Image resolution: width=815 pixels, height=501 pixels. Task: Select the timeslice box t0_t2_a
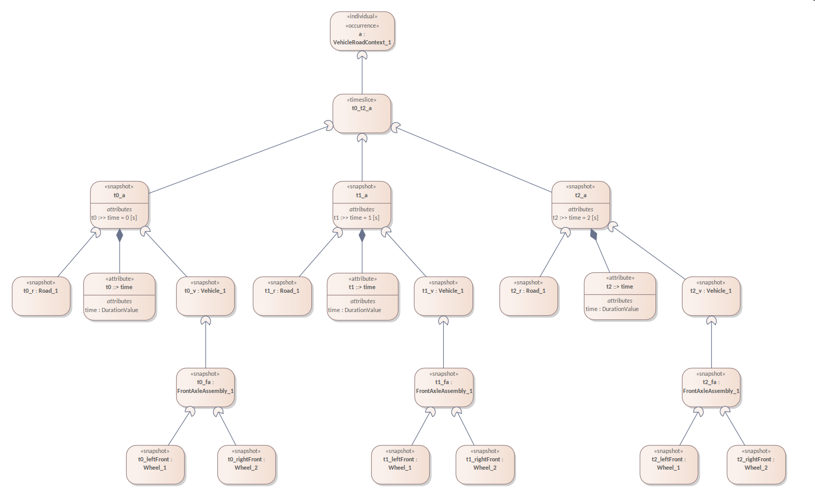coord(362,113)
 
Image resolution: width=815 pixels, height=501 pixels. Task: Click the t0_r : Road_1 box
coord(41,296)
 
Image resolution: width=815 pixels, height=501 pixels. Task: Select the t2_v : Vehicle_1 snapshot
coord(711,296)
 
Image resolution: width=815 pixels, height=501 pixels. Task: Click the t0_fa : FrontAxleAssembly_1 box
coord(205,387)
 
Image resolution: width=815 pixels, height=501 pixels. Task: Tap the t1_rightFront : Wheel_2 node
coord(485,464)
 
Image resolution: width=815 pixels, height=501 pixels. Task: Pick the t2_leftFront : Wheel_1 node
coord(668,464)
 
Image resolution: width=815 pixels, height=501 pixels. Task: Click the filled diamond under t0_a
coord(119,235)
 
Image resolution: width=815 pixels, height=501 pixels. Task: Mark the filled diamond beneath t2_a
coord(593,234)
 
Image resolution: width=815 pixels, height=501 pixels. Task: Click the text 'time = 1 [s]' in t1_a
coord(364,218)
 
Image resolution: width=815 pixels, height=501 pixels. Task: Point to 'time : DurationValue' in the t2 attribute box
coord(612,309)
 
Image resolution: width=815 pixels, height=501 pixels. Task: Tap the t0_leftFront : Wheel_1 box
coord(155,464)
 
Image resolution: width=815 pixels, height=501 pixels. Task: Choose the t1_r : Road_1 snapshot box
coord(282,296)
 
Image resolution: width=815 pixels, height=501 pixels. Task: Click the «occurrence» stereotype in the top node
coord(362,26)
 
